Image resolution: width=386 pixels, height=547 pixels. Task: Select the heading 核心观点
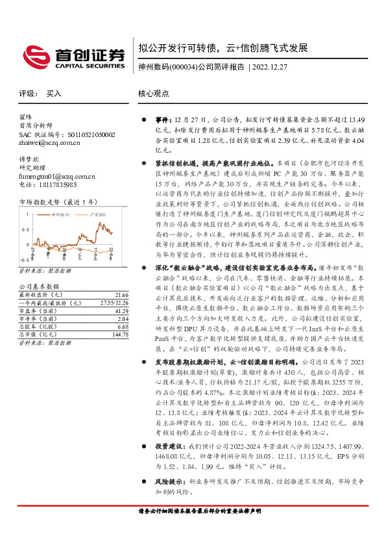pos(154,94)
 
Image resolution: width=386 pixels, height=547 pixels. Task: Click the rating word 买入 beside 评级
pos(54,94)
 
